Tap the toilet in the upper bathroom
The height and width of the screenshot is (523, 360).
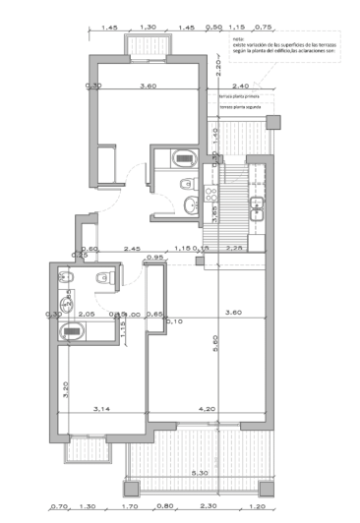coord(181,158)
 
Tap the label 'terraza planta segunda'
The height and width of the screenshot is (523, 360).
coord(242,110)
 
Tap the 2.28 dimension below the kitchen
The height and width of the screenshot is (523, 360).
coord(235,248)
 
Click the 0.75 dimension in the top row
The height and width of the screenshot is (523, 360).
coord(263,28)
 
